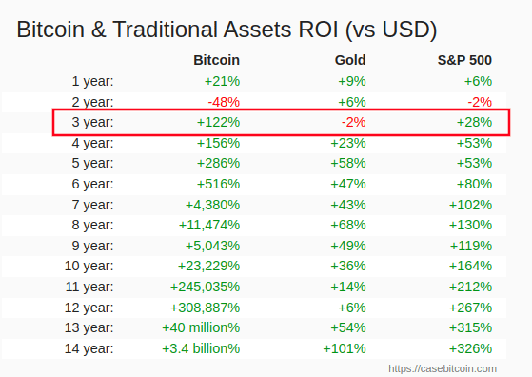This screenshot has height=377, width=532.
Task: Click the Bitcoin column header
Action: pos(216,60)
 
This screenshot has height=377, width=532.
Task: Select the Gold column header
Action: pos(350,60)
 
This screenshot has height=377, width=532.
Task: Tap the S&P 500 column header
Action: pos(464,60)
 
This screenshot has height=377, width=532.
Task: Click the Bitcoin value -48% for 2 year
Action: pos(224,102)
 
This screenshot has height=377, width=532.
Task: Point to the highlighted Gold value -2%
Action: pos(353,122)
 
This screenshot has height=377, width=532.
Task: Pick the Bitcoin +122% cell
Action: pos(218,122)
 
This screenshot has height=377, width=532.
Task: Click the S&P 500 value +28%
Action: pos(474,122)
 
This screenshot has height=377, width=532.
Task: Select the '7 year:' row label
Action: pos(92,205)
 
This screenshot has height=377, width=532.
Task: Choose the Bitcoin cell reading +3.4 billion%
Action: pos(201,347)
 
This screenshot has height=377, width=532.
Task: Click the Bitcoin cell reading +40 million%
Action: pos(202,327)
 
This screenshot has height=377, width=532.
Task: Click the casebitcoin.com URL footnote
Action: pos(442,367)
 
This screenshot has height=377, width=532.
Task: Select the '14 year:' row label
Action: pos(89,347)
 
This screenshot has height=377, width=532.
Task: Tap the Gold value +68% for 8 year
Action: pos(351,225)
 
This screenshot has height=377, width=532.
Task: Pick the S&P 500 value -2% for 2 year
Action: pos(479,102)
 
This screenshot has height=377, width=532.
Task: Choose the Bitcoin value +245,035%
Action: pos(205,287)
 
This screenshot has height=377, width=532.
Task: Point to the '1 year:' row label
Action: pos(92,81)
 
